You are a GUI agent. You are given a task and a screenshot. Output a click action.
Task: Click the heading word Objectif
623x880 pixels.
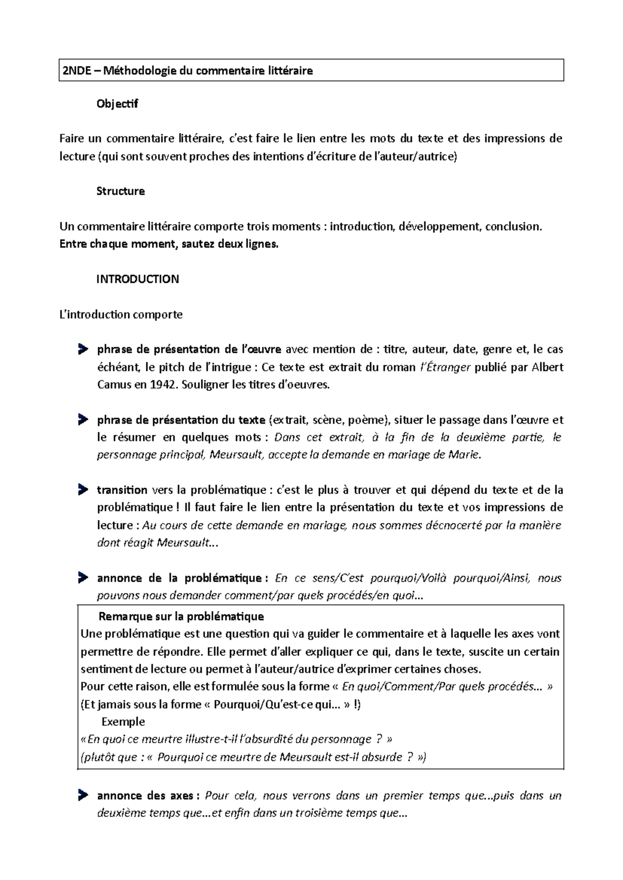click(x=117, y=104)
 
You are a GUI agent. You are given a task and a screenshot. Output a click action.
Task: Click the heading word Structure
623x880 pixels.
click(x=120, y=191)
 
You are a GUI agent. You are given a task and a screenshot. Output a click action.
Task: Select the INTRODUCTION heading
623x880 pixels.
click(x=138, y=279)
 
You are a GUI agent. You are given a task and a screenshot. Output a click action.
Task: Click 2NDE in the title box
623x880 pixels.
click(x=76, y=71)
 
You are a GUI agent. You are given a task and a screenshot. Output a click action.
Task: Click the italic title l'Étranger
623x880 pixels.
click(x=444, y=367)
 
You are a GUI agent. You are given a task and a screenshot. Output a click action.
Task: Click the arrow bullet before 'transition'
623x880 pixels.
click(x=83, y=489)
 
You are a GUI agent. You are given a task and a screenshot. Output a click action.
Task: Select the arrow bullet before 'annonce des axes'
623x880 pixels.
click(x=83, y=795)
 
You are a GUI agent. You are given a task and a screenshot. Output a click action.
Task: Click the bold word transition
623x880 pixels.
click(x=122, y=490)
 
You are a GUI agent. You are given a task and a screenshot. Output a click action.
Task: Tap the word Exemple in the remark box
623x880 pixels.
click(x=123, y=722)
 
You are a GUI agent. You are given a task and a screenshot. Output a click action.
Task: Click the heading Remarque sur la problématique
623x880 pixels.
click(x=181, y=616)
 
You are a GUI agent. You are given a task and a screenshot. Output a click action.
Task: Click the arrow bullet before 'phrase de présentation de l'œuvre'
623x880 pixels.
click(x=83, y=349)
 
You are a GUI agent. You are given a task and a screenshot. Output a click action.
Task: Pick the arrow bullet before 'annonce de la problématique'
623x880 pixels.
click(x=83, y=577)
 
